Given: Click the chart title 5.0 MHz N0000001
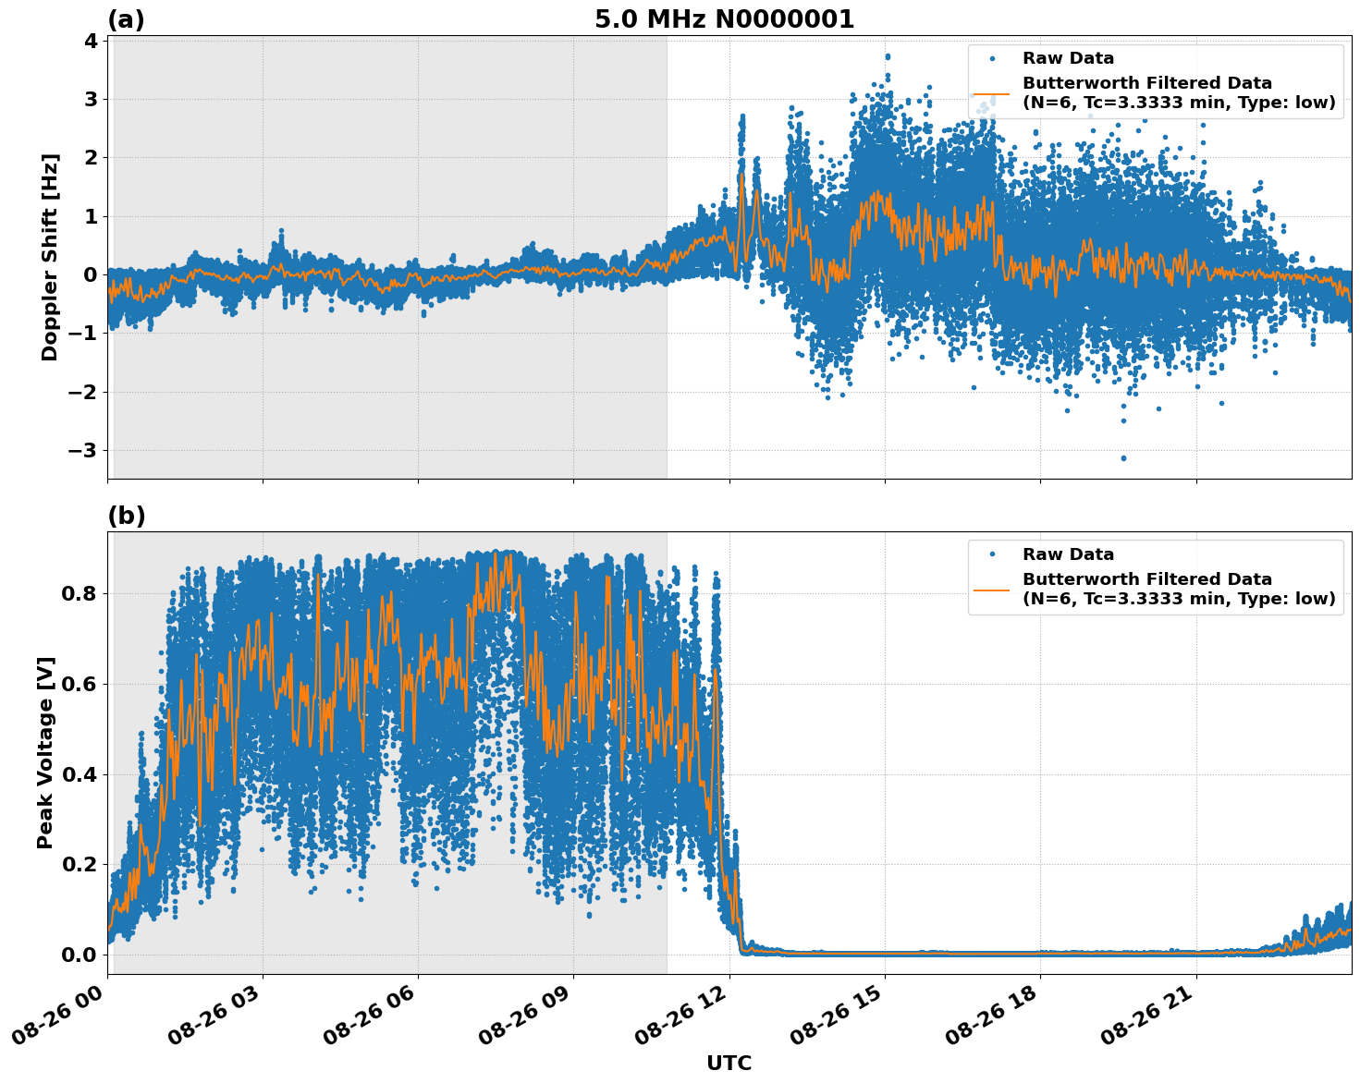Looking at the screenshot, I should point(724,19).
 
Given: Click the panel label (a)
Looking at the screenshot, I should point(126,19).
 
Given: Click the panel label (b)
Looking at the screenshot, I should point(126,516).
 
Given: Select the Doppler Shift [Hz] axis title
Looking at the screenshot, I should point(50,257).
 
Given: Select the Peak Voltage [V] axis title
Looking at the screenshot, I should point(45,752).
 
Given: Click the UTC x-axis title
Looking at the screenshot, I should point(729,1063).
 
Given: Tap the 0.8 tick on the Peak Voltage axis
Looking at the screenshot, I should point(78,594).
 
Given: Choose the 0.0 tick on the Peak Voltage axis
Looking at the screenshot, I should point(78,955).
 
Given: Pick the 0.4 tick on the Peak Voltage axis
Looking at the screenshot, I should point(78,774).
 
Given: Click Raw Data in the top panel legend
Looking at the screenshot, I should point(1068,59).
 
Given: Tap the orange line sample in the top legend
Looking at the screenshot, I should point(992,93).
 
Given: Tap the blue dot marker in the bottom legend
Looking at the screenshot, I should point(992,554).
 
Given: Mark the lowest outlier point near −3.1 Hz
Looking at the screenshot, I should point(1123,457).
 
